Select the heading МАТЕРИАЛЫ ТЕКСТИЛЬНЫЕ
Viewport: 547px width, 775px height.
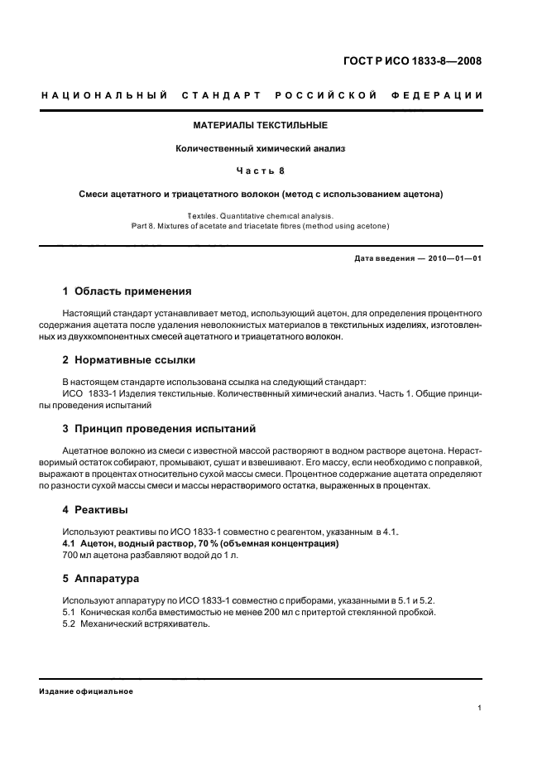pyautogui.click(x=261, y=126)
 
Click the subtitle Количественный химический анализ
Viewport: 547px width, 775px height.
pyautogui.click(x=261, y=149)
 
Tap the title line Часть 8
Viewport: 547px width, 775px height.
pyautogui.click(x=261, y=171)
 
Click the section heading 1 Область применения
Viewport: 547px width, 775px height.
pyautogui.click(x=127, y=291)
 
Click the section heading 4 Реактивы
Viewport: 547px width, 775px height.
pyautogui.click(x=95, y=509)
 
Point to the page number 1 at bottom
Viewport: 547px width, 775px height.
pyautogui.click(x=479, y=707)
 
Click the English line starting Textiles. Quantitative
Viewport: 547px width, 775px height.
pyautogui.click(x=261, y=214)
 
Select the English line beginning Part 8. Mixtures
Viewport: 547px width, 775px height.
pyautogui.click(x=261, y=225)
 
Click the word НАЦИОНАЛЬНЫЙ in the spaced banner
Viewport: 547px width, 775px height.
pyautogui.click(x=104, y=95)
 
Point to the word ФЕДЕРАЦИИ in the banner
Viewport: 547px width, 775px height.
pyautogui.click(x=443, y=95)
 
